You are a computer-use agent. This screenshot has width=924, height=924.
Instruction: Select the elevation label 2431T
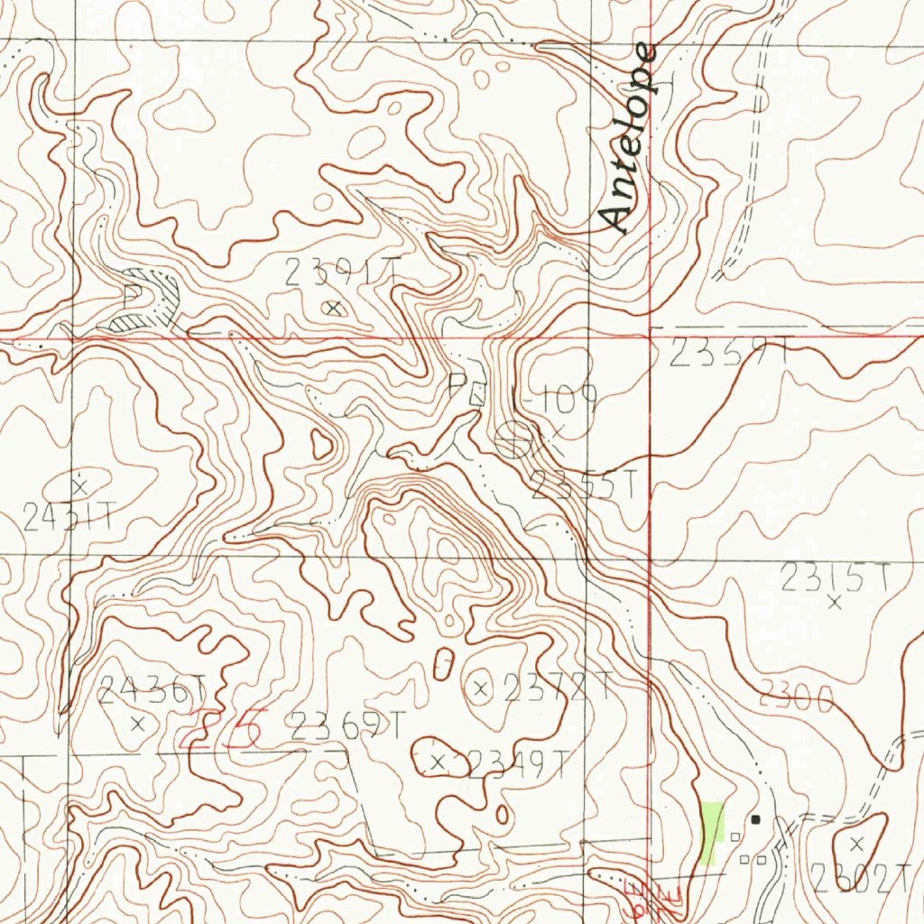pos(69,517)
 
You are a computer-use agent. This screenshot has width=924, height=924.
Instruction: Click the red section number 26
pos(222,729)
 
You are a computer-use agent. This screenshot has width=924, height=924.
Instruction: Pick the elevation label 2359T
pos(729,354)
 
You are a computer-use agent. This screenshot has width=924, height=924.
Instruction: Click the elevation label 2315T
pos(835,577)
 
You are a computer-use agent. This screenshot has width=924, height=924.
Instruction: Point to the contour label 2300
pos(795,697)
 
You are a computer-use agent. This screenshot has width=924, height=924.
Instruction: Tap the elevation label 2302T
pos(861,878)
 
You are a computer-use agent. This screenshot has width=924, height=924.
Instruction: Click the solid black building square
pos(756,819)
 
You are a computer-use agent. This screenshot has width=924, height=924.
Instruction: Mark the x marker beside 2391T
pos(334,309)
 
